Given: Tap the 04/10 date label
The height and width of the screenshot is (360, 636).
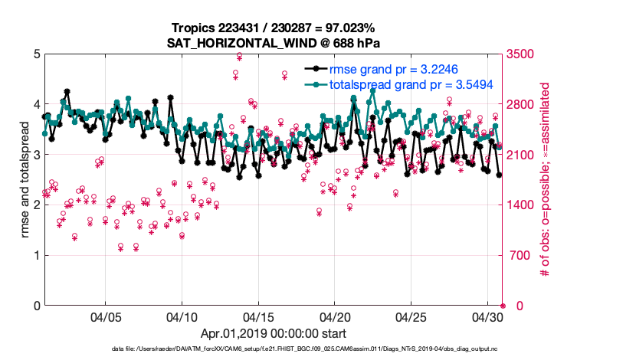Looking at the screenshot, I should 182,316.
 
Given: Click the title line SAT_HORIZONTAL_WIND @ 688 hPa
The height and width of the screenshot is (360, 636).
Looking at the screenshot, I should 274,43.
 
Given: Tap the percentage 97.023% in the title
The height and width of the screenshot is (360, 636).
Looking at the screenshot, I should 355,28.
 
